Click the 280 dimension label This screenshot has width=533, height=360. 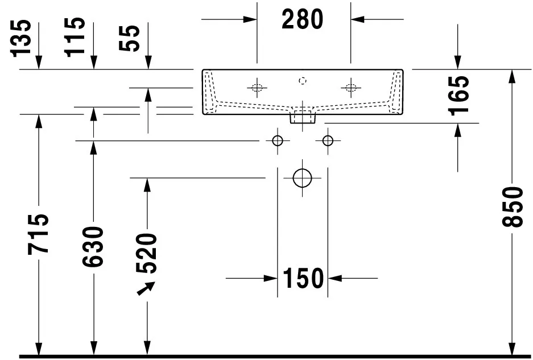click(x=302, y=19)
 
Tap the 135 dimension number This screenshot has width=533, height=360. click(x=20, y=39)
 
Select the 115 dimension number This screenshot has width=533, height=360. click(x=75, y=37)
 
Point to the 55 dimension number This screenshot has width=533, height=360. click(x=129, y=39)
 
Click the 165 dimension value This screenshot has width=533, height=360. click(x=458, y=96)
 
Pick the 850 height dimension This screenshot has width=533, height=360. click(x=513, y=206)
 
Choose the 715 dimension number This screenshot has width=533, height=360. click(x=38, y=234)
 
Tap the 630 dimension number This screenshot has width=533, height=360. click(x=93, y=246)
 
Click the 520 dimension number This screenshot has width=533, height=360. click(x=147, y=253)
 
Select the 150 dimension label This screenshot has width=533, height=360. click(x=303, y=278)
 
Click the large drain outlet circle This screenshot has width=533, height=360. click(x=302, y=178)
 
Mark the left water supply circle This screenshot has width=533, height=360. click(x=278, y=140)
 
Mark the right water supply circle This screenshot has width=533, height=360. click(x=328, y=140)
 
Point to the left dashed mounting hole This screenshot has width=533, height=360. click(x=257, y=88)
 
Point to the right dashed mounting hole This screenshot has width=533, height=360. click(x=351, y=88)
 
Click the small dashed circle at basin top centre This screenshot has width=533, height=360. click(x=303, y=81)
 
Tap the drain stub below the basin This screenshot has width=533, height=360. click(x=303, y=118)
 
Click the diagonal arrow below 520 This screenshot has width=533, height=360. click(x=146, y=288)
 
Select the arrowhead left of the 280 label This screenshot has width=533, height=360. click(x=250, y=19)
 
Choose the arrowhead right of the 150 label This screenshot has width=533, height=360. click(x=335, y=279)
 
